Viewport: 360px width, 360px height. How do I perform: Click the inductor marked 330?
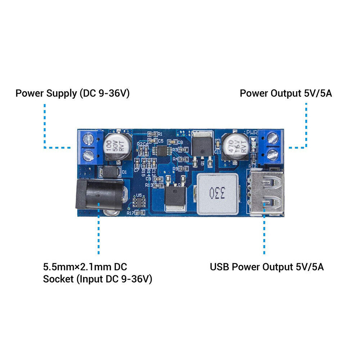[x=217, y=194]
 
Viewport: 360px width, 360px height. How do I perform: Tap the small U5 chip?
[x=139, y=202]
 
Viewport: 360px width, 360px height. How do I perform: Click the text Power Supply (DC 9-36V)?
[x=72, y=94]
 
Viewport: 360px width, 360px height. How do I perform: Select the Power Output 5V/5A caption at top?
[x=286, y=94]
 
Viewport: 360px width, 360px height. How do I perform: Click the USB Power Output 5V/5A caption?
[x=267, y=267]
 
